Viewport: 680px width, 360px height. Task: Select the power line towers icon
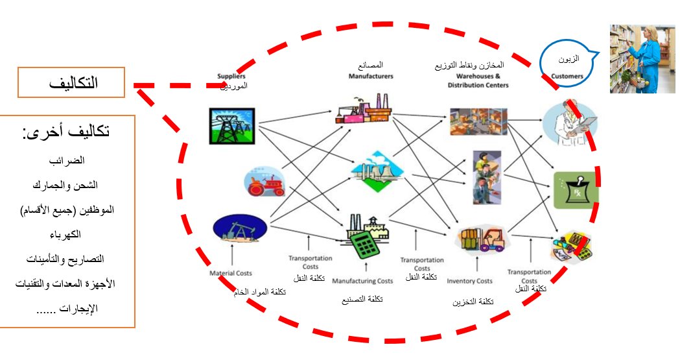point(231,125)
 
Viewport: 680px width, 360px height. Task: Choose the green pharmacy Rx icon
point(576,190)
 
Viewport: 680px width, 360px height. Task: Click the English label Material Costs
point(230,274)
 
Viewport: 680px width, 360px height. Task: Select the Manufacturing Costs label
point(362,282)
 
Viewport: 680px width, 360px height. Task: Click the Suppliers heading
point(231,77)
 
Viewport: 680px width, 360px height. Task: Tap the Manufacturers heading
point(371,76)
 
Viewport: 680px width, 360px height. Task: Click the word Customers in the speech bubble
point(567,76)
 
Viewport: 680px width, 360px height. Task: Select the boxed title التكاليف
point(71,83)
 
